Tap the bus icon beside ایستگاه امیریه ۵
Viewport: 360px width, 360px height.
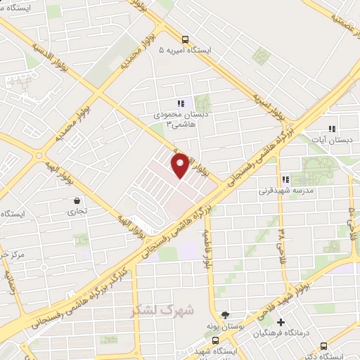184,39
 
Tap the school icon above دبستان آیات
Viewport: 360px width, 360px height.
332,129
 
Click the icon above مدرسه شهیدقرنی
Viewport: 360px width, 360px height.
285,179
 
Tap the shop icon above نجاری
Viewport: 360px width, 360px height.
74,200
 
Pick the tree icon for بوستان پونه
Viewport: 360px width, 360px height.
225,316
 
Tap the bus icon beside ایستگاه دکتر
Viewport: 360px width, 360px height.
323,346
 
